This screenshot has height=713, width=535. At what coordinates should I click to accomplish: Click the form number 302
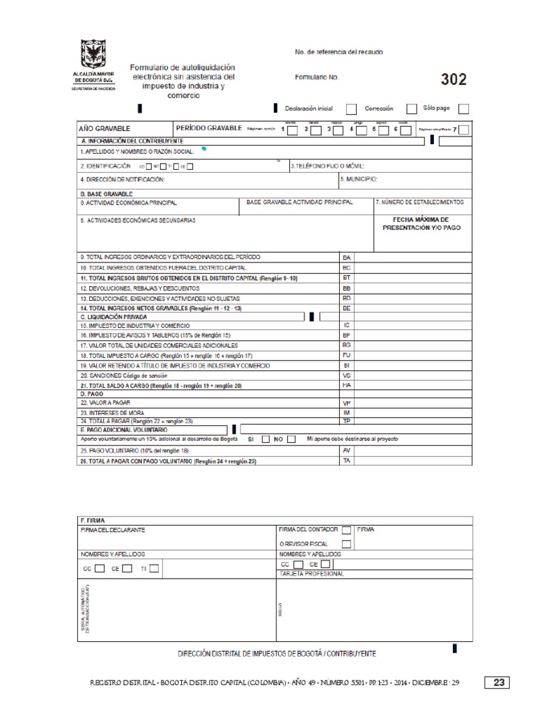pyautogui.click(x=453, y=79)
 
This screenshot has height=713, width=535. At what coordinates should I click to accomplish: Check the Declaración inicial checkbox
pyautogui.click(x=351, y=109)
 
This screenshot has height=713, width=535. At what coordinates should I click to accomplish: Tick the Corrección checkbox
pyautogui.click(x=412, y=109)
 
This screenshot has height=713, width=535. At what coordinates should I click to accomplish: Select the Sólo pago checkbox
pyautogui.click(x=464, y=109)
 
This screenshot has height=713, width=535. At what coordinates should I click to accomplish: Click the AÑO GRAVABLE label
pyautogui.click(x=104, y=129)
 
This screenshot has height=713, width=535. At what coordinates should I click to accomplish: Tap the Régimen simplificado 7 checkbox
pyautogui.click(x=464, y=130)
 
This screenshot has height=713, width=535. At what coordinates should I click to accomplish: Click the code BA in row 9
pyautogui.click(x=346, y=258)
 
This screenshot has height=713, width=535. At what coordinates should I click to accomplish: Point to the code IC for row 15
pyautogui.click(x=346, y=325)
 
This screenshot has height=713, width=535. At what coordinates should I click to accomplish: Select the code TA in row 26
pyautogui.click(x=346, y=461)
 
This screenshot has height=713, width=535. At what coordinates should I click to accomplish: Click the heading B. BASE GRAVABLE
pyautogui.click(x=107, y=194)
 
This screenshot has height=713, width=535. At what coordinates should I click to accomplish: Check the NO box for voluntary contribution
pyautogui.click(x=291, y=439)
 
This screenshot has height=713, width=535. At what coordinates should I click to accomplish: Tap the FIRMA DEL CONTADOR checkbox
pyautogui.click(x=346, y=530)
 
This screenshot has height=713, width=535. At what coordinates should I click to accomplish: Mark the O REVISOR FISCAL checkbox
pyautogui.click(x=346, y=544)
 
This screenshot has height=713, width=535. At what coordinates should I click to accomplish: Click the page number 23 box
pyautogui.click(x=499, y=682)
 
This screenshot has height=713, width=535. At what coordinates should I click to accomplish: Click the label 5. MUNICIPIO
pyautogui.click(x=359, y=179)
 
